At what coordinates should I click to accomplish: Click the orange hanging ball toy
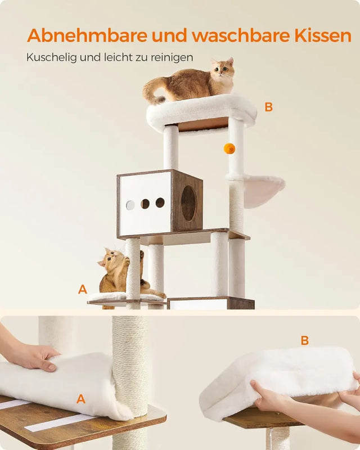tap(229, 148)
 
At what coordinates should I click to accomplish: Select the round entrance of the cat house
tap(188, 203)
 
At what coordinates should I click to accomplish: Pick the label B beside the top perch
tap(268, 107)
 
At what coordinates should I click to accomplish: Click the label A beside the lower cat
tap(83, 290)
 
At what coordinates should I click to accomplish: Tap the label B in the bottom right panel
tap(304, 340)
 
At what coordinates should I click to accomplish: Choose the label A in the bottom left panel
tap(81, 399)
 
